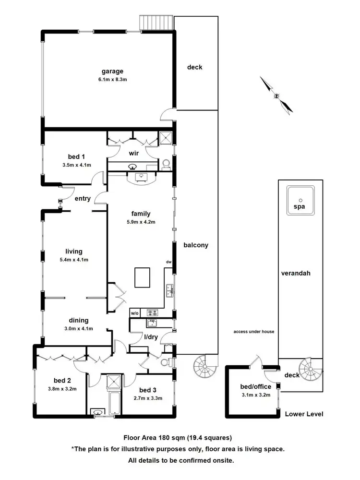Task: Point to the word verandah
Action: pos(296,273)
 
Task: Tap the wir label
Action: pos(133,154)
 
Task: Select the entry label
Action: pos(83,198)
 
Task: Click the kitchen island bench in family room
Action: pos(142,277)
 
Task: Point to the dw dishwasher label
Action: pos(168,262)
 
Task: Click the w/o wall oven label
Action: pos(134,313)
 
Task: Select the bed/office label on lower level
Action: pos(255,386)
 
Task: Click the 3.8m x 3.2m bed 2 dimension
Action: pos(62,389)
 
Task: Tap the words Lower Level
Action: pos(304,414)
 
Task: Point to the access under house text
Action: pos(253,332)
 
